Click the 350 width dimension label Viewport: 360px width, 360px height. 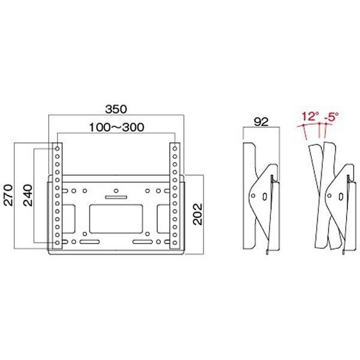pos(115,109)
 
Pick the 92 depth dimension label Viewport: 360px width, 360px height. pos(260,122)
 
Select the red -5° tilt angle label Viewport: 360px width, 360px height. pos(331,116)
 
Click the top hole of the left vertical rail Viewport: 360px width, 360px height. pos(58,148)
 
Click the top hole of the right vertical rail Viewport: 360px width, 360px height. pos(173,148)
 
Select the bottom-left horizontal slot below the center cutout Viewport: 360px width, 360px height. pos(88,242)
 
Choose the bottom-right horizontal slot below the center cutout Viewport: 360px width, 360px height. pos(143,242)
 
